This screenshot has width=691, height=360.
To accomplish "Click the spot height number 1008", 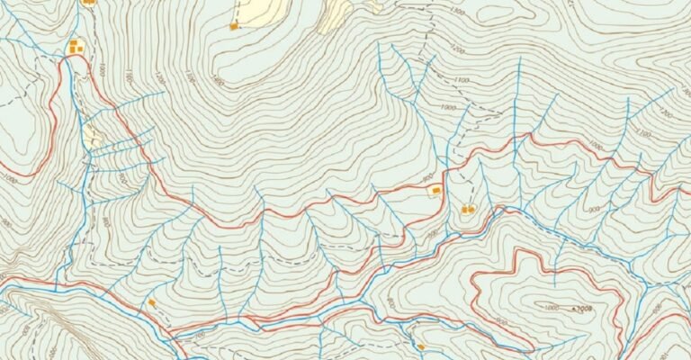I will tap(585, 309).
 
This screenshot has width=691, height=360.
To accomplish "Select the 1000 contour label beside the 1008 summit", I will tap(551, 308).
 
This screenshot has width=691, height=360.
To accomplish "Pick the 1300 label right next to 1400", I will tap(189, 76).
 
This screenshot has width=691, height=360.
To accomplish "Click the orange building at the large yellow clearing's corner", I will tap(234, 26).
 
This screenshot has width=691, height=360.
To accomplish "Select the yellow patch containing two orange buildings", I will tap(76, 44).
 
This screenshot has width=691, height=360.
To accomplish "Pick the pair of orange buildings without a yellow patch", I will tap(468, 210).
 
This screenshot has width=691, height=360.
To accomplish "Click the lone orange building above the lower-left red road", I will tap(152, 302).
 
